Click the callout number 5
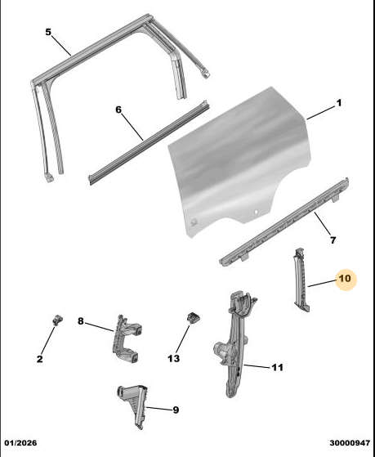[48, 32]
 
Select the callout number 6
[118, 110]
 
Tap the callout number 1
[339, 103]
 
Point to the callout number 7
[333, 240]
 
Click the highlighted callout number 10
[346, 279]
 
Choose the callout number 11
[278, 367]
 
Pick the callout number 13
[174, 359]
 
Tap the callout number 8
[81, 321]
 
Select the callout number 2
[40, 359]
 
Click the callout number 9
[176, 410]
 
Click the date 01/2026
[20, 443]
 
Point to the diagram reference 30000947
[350, 443]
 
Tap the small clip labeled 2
[58, 320]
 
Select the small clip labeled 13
[193, 317]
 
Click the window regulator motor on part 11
[223, 349]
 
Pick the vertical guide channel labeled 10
[301, 280]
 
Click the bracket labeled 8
[127, 339]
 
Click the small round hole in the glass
[256, 212]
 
